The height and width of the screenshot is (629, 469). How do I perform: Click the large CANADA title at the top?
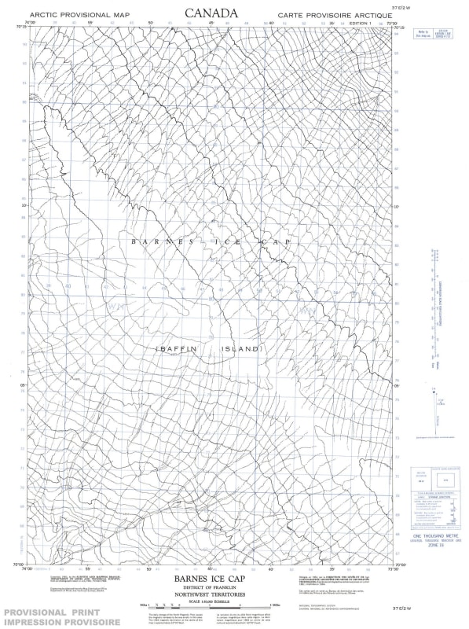click(x=210, y=13)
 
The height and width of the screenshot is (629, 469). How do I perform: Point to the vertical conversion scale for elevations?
click(x=432, y=311)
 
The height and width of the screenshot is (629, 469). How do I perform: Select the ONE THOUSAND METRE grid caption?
click(x=434, y=535)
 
